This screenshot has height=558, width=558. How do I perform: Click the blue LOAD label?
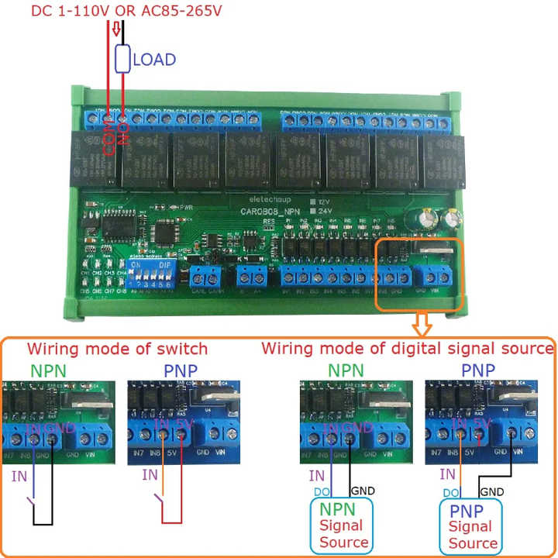point(155,59)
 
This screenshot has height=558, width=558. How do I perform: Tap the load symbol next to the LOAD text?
point(122,59)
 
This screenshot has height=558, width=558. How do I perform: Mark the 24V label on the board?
point(323,208)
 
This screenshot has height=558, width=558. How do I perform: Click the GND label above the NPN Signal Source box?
point(363,491)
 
